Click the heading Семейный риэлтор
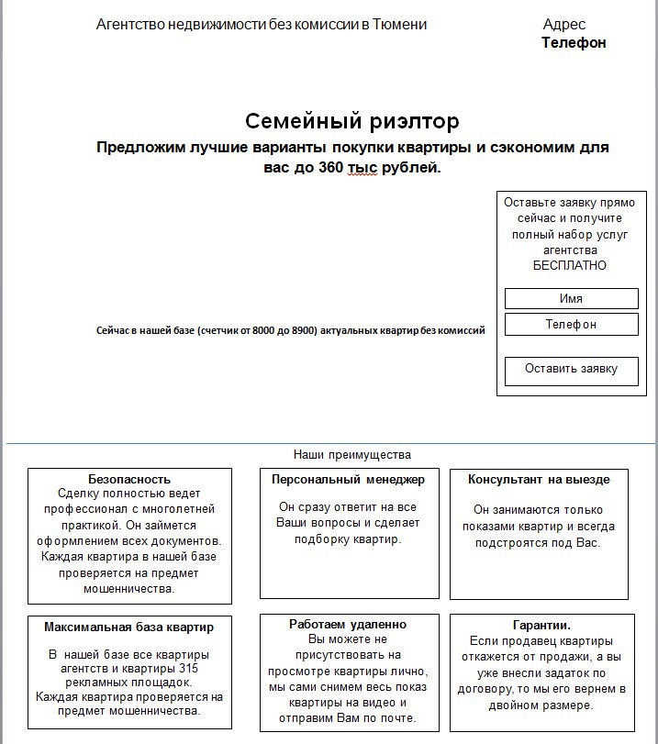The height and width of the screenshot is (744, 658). [352, 122]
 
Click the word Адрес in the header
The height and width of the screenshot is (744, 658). [564, 25]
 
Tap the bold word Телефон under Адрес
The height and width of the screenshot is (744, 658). [574, 42]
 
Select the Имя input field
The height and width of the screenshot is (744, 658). [571, 299]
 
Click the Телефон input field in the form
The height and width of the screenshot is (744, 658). [571, 324]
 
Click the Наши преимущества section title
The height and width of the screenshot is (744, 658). [352, 454]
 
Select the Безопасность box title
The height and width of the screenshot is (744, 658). [129, 479]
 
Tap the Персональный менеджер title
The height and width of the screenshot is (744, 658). [348, 479]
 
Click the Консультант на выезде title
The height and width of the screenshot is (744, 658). [539, 479]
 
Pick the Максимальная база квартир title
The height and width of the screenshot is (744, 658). [129, 627]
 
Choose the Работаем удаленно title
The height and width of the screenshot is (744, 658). [348, 624]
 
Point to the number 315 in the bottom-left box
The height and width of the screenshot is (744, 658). [189, 669]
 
